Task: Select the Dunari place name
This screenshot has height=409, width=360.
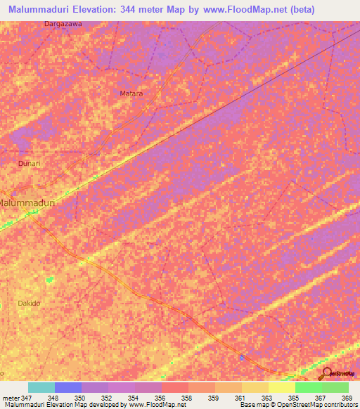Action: (x=30, y=163)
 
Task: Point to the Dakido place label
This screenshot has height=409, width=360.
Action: (x=29, y=303)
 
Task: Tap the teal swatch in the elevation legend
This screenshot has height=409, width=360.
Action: (x=41, y=387)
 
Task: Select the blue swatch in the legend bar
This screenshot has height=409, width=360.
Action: (x=67, y=387)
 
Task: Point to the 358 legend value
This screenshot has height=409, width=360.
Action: (x=187, y=397)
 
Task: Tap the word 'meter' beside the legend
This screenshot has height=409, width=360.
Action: (x=11, y=397)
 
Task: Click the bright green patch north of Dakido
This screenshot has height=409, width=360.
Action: (x=49, y=280)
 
